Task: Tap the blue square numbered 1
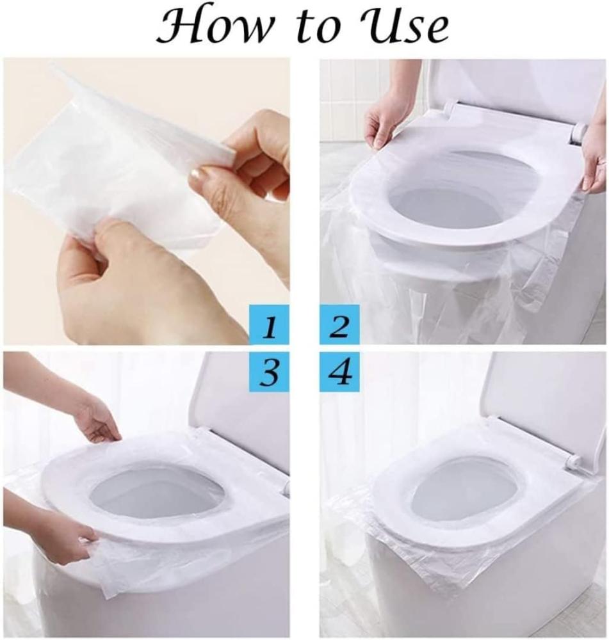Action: pos(268,325)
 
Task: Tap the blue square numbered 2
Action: pos(339,325)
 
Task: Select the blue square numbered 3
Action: pos(268,371)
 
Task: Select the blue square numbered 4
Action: pos(339,371)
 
